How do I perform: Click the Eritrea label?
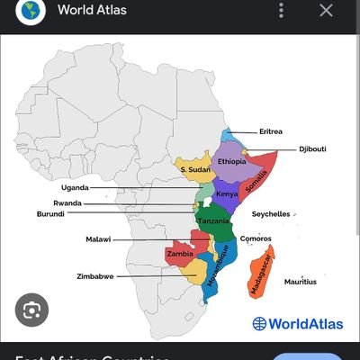[272, 131]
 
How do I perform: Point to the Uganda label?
[74, 187]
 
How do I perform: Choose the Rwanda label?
[68, 203]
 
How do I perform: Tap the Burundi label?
[50, 214]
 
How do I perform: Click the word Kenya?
[227, 193]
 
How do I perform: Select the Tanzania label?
[214, 221]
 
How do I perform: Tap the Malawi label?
[99, 239]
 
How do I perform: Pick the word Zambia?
[180, 254]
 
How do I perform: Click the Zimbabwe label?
[95, 275]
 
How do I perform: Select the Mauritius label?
[300, 282]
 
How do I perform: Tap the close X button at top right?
[326, 11]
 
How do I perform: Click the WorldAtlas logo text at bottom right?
[294, 323]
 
